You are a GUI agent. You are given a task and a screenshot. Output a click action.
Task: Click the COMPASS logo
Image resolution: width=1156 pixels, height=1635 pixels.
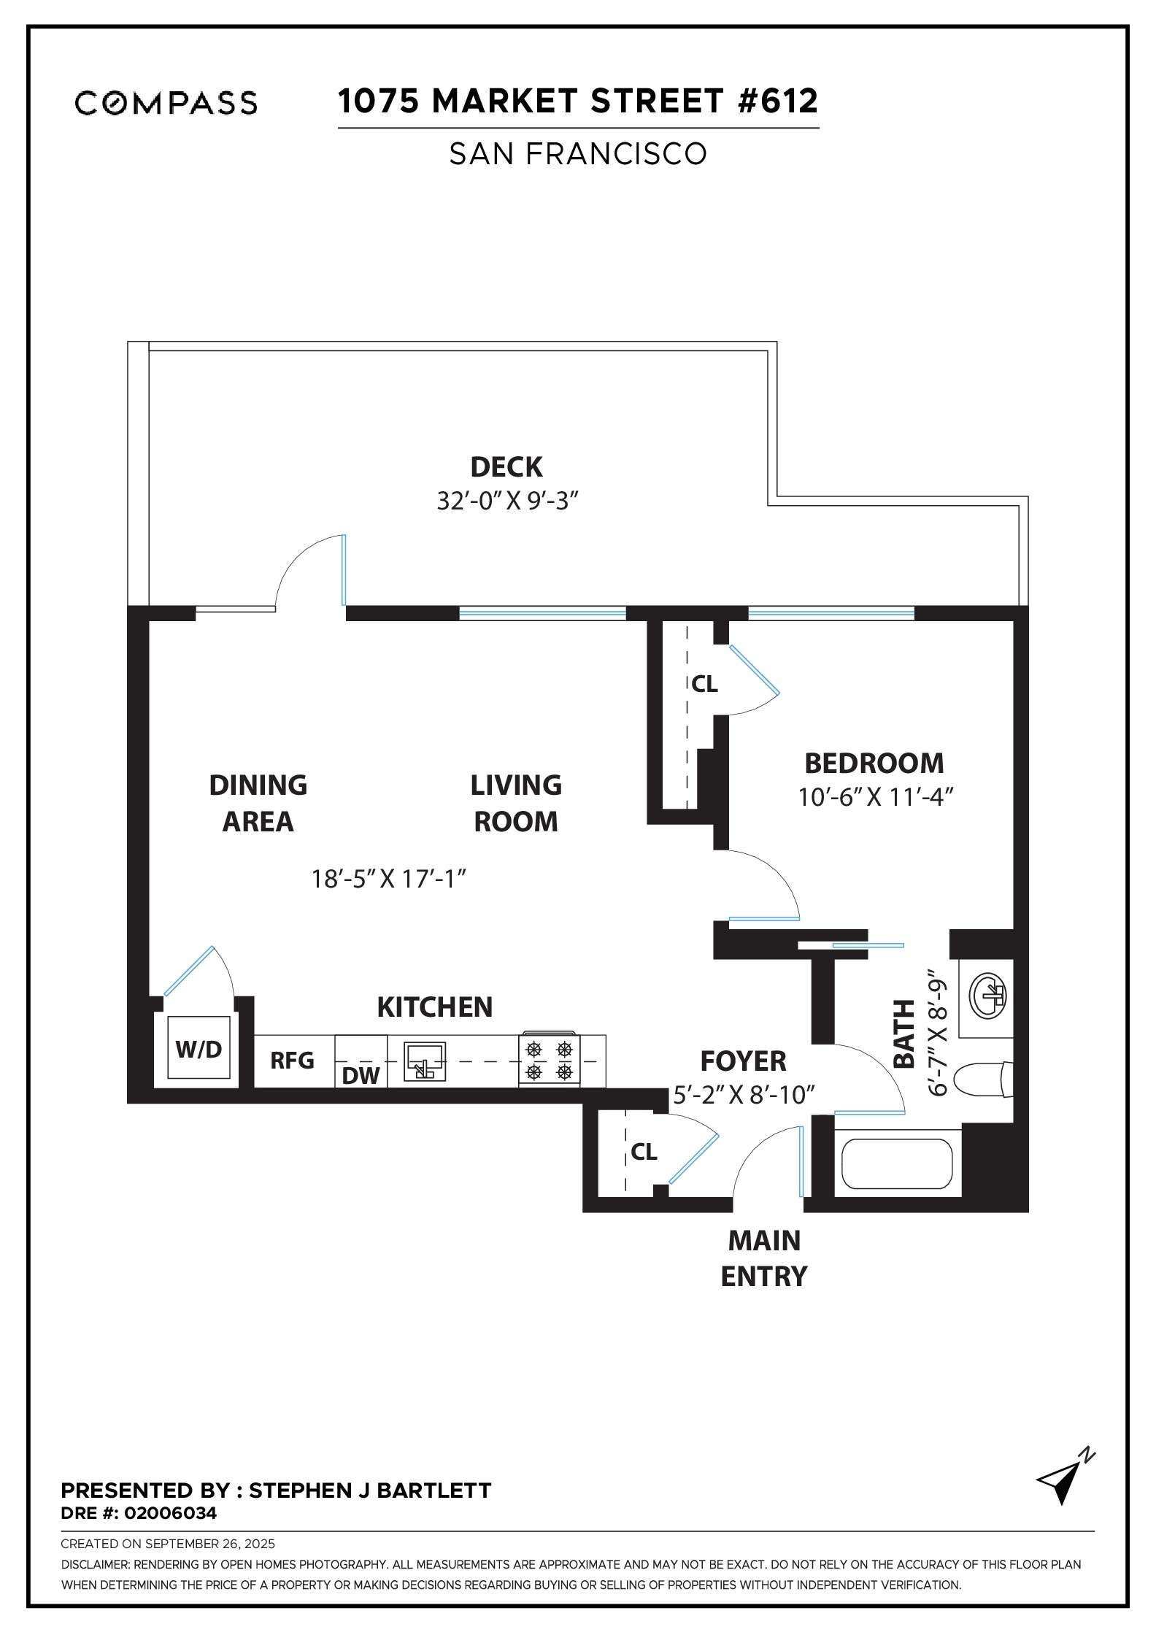166,103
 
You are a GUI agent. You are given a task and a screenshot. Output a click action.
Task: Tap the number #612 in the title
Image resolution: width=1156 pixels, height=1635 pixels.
778,101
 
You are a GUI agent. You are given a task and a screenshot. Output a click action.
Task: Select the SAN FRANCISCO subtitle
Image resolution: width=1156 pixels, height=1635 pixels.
577,154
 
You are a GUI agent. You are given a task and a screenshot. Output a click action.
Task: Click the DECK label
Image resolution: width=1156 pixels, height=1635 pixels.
506,466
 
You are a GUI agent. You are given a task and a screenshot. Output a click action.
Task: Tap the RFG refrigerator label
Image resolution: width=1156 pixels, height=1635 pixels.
292,1060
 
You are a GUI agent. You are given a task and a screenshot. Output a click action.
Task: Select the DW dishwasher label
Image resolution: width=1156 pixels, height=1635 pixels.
361,1075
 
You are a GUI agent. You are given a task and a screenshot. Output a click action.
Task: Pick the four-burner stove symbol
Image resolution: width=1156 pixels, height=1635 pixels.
549,1061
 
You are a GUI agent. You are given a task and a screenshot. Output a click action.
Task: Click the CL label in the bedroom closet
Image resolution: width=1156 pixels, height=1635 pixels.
704,684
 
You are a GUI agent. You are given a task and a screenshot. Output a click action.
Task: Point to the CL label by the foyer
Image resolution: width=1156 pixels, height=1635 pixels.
644,1151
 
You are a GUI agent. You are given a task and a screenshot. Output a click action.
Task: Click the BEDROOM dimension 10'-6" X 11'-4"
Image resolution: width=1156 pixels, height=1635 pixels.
876,798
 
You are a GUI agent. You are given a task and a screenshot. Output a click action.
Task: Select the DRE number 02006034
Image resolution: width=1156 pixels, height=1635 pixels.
171,1513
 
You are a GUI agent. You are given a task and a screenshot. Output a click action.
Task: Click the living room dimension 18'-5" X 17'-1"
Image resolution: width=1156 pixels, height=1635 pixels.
389,879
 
